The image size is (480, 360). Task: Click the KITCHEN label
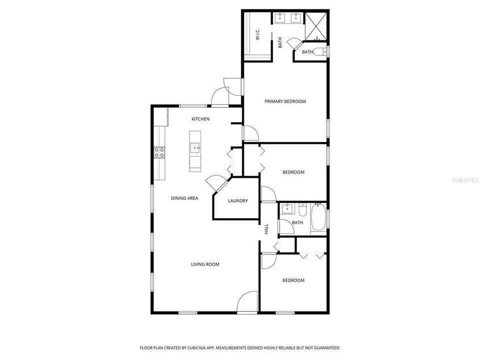point(200,119)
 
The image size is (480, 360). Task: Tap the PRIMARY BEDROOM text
point(285,101)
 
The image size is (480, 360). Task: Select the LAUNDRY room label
point(237,201)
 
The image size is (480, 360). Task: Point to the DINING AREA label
point(184,198)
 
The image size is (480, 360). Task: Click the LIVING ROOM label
point(205,264)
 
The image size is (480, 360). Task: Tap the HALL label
point(266,228)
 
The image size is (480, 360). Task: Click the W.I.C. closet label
point(257,35)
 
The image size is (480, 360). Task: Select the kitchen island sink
point(195,147)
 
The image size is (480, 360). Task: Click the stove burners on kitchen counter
point(159,152)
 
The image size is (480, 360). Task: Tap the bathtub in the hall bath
point(318,218)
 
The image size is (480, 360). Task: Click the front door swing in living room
point(246,303)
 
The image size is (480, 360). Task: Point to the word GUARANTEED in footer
point(326,347)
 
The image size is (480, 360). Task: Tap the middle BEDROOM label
point(293,172)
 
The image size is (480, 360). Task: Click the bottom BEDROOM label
point(293,280)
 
